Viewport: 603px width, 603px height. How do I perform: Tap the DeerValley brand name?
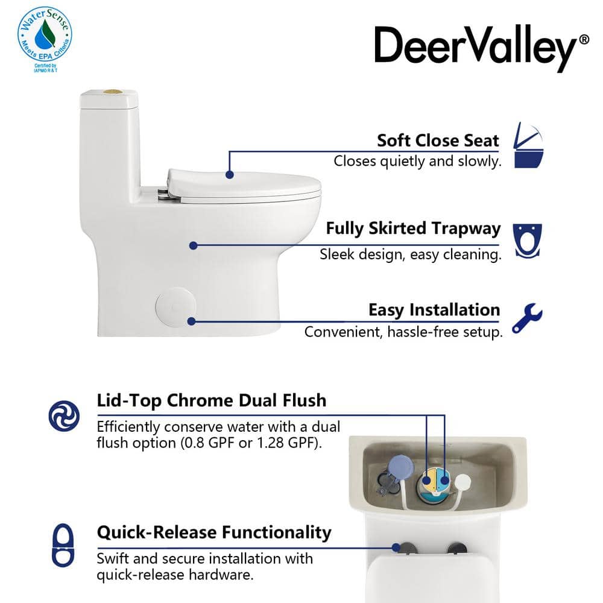[x=476, y=48]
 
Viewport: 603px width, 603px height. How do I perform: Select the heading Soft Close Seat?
[x=438, y=140]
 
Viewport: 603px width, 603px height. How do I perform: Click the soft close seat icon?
[x=529, y=145]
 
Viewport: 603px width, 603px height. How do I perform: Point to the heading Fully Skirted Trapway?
[x=413, y=229]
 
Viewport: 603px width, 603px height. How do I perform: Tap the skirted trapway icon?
[x=527, y=241]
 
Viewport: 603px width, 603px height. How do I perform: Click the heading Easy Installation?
[x=434, y=310]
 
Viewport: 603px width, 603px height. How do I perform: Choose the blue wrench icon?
[x=527, y=318]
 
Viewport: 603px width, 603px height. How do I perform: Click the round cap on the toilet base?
[x=175, y=307]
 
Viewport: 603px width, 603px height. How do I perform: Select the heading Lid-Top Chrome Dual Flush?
[x=212, y=400]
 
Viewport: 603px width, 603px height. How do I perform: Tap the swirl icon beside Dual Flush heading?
[x=65, y=415]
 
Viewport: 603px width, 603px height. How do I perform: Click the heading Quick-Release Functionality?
[x=214, y=532]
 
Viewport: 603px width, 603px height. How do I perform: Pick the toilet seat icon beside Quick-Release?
[x=63, y=545]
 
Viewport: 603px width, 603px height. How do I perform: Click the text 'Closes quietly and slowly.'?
[x=418, y=161]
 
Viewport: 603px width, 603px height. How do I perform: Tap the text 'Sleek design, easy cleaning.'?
[x=411, y=254]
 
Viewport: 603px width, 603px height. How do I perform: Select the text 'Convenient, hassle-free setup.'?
[x=403, y=332]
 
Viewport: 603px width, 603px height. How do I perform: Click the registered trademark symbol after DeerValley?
[x=584, y=39]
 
